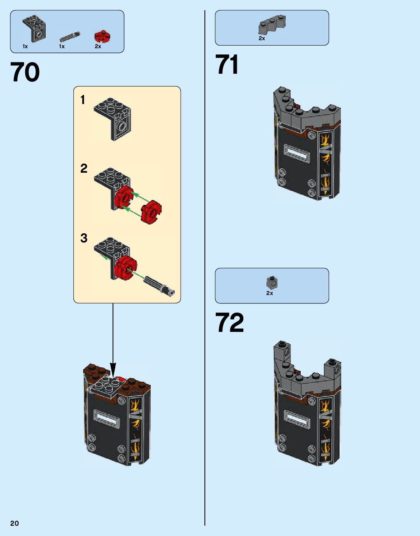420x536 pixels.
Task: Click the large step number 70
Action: click(25, 72)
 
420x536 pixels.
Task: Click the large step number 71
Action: click(227, 65)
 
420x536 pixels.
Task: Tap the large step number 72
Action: click(229, 323)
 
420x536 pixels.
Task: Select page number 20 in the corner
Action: click(14, 523)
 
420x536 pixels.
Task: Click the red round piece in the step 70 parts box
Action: click(102, 36)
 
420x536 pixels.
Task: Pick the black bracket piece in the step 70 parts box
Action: click(34, 28)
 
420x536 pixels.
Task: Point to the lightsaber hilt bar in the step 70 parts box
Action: click(70, 37)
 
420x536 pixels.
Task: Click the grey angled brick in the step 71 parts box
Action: click(272, 25)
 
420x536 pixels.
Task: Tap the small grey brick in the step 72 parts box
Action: click(272, 282)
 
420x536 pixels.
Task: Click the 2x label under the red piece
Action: click(98, 46)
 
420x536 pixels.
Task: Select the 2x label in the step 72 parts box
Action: click(270, 293)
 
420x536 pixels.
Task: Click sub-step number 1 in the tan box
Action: click(83, 100)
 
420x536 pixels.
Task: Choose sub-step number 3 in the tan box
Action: click(84, 238)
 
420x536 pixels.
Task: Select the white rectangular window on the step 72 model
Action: click(297, 419)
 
